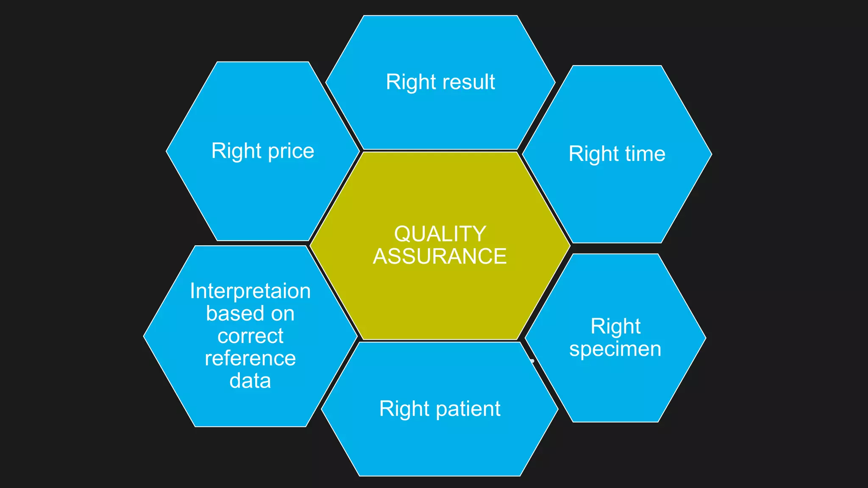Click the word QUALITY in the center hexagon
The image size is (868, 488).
click(x=440, y=234)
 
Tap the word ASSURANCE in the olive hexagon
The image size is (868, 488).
click(x=440, y=256)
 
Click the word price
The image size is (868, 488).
click(x=291, y=152)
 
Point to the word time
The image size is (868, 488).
click(x=645, y=153)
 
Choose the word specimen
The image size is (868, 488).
click(x=615, y=349)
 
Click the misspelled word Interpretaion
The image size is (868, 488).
click(x=250, y=291)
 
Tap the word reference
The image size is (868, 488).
click(x=250, y=358)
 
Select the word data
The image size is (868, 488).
click(x=250, y=380)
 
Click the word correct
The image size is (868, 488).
click(x=250, y=336)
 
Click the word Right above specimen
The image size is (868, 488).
click(x=615, y=327)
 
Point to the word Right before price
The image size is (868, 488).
click(x=236, y=151)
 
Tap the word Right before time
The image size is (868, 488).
click(x=593, y=154)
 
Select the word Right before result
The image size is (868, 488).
click(x=411, y=82)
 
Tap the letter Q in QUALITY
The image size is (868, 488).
click(x=403, y=234)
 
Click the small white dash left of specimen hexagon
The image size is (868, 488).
click(x=532, y=361)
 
